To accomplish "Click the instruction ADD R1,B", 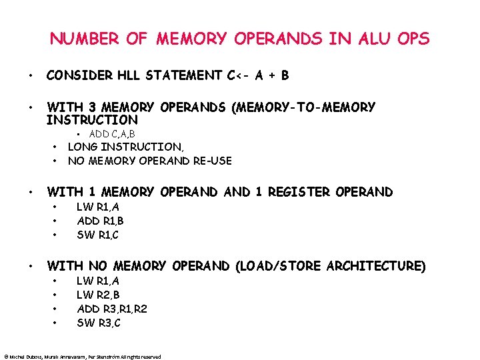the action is (101, 221).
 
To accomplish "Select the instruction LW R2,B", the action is (99, 295).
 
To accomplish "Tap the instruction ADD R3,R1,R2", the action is (113, 309).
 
